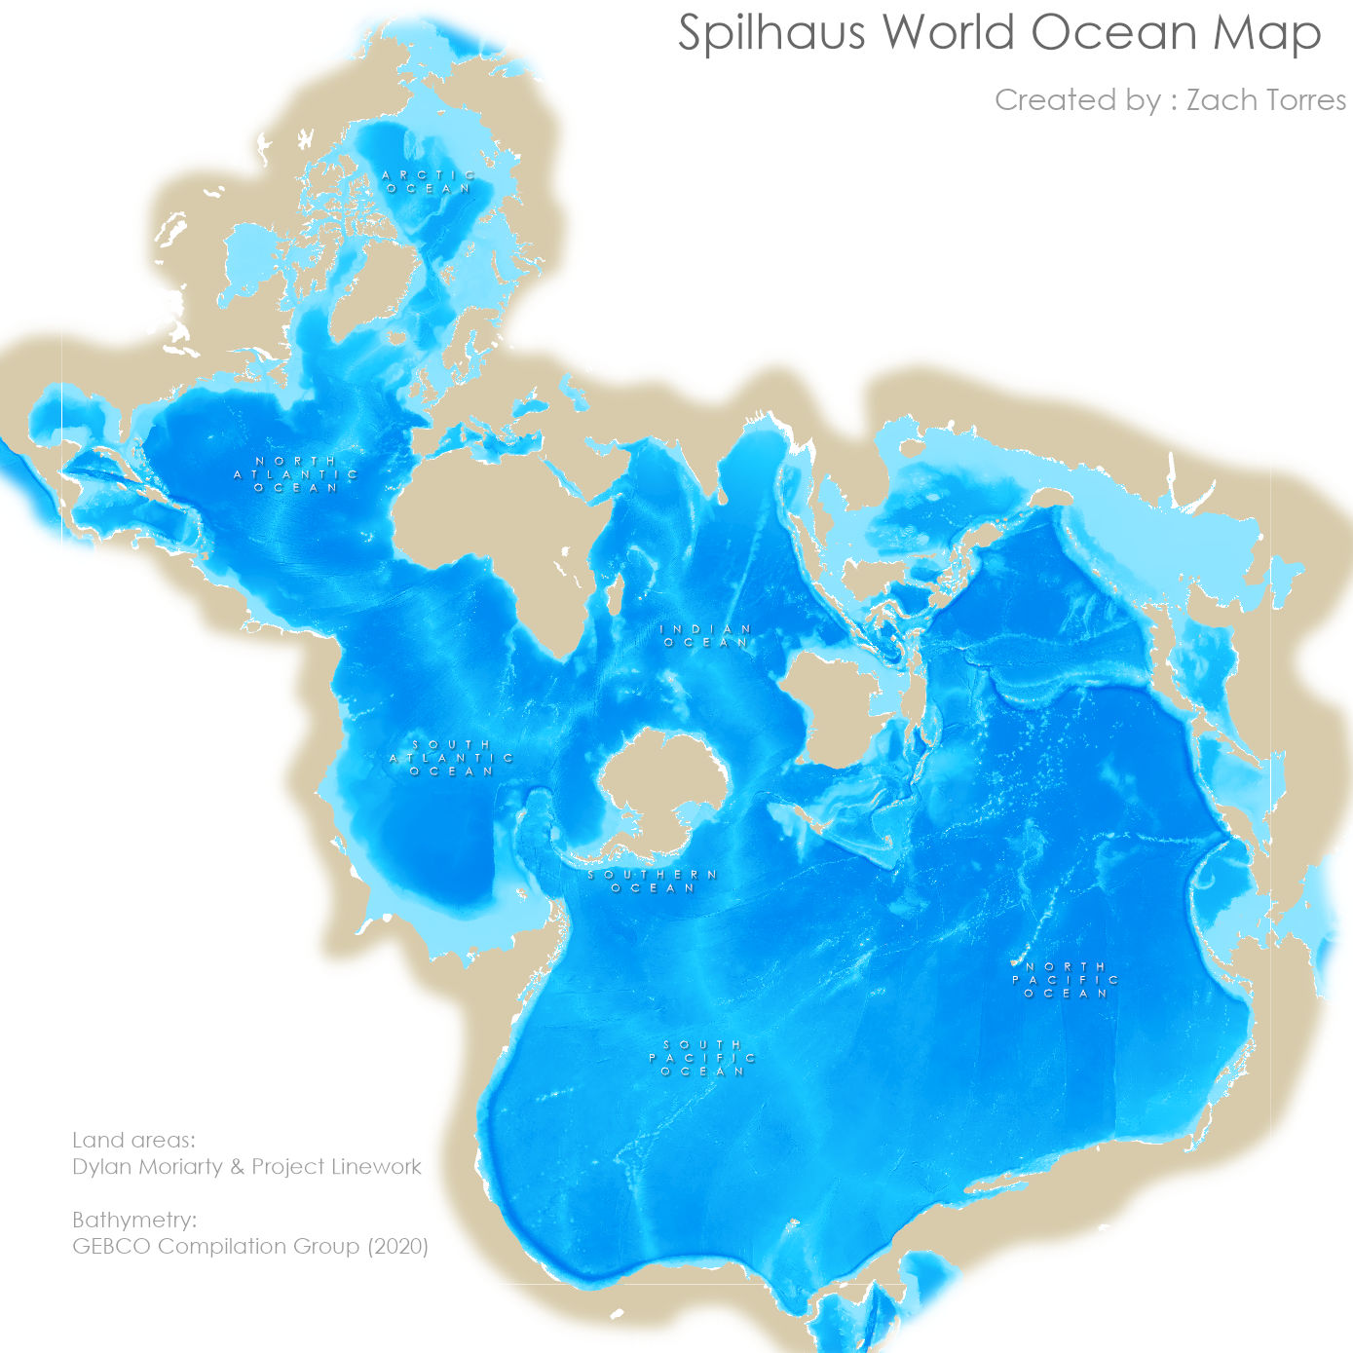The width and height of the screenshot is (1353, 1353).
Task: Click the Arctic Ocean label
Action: (x=429, y=182)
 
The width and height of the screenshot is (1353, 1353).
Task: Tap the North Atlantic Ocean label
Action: (x=296, y=474)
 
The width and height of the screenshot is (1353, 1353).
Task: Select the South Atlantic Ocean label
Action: (x=452, y=758)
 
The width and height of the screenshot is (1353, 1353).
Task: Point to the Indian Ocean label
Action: (x=706, y=636)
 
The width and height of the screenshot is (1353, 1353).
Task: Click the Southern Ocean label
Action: (x=653, y=882)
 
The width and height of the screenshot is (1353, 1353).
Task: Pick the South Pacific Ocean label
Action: (x=702, y=1058)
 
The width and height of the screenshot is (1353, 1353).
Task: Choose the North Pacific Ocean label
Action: (x=1066, y=980)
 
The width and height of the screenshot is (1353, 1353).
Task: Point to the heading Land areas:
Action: (x=133, y=1141)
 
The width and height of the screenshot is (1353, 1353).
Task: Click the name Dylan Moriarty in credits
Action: (x=147, y=1167)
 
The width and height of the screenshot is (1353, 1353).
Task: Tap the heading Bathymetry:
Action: (x=134, y=1220)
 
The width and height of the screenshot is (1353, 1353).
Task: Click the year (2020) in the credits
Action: (x=397, y=1246)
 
